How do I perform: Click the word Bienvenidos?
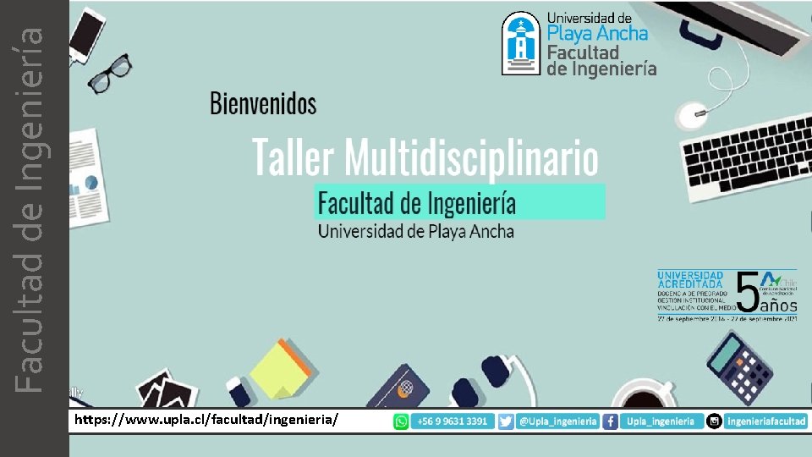pyautogui.click(x=263, y=104)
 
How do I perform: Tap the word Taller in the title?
pyautogui.click(x=294, y=158)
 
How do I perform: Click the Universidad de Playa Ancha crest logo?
pyautogui.click(x=520, y=44)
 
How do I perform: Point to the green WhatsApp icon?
pyautogui.click(x=401, y=421)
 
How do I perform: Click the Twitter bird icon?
pyautogui.click(x=506, y=421)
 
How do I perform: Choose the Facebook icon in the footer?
pyautogui.click(x=610, y=421)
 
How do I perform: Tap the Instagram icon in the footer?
pyautogui.click(x=715, y=421)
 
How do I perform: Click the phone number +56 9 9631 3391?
pyautogui.click(x=452, y=421)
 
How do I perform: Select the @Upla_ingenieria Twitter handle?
pyautogui.click(x=557, y=421)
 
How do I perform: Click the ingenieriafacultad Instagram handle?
pyautogui.click(x=766, y=421)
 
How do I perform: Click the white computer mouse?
pyautogui.click(x=694, y=113)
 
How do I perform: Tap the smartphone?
pyautogui.click(x=86, y=34)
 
